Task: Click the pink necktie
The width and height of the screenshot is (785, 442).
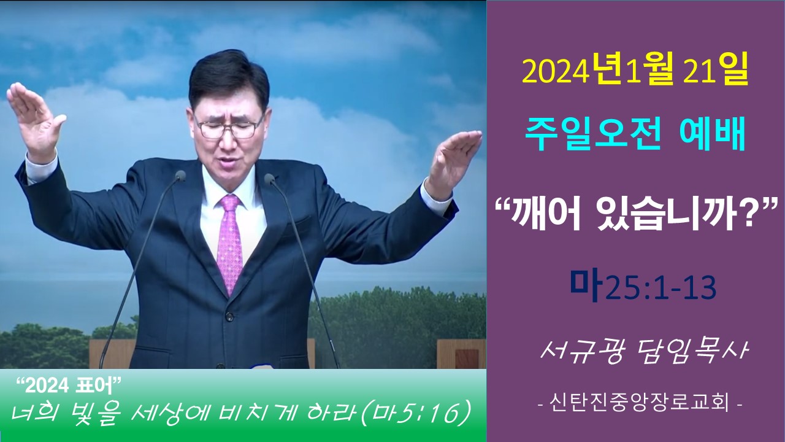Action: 230,242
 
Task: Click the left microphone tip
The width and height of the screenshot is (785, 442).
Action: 180,176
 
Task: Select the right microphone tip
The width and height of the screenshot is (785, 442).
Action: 270,179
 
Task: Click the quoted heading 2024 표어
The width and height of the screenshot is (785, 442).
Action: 69,386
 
